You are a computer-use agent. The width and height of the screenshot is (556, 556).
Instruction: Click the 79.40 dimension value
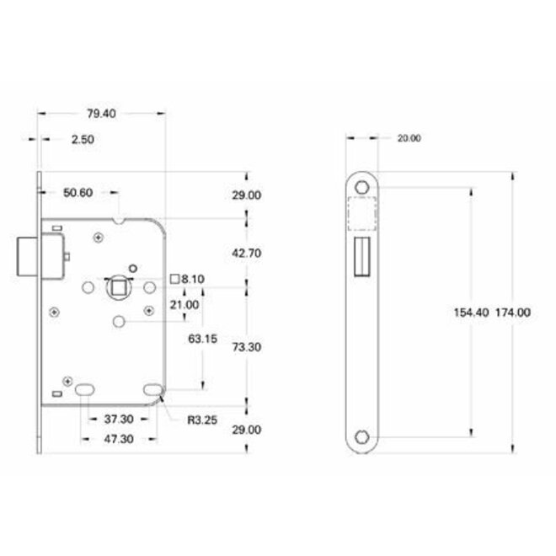point(100,112)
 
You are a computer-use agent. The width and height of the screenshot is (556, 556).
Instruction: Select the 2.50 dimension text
point(83,140)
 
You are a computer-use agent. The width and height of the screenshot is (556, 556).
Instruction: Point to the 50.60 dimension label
point(78,193)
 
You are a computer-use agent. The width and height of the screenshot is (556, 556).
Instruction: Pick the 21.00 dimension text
point(184,304)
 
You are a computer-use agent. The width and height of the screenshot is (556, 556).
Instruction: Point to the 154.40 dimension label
point(471,312)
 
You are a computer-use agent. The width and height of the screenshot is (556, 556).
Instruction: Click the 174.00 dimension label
point(512,312)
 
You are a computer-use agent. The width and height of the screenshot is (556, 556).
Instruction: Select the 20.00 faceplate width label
point(409,138)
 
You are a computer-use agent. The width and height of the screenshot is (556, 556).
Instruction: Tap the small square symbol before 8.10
point(174,278)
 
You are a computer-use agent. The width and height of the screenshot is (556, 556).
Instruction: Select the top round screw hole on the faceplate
point(363,185)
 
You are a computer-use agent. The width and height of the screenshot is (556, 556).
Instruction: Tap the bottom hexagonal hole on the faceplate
point(363,436)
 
